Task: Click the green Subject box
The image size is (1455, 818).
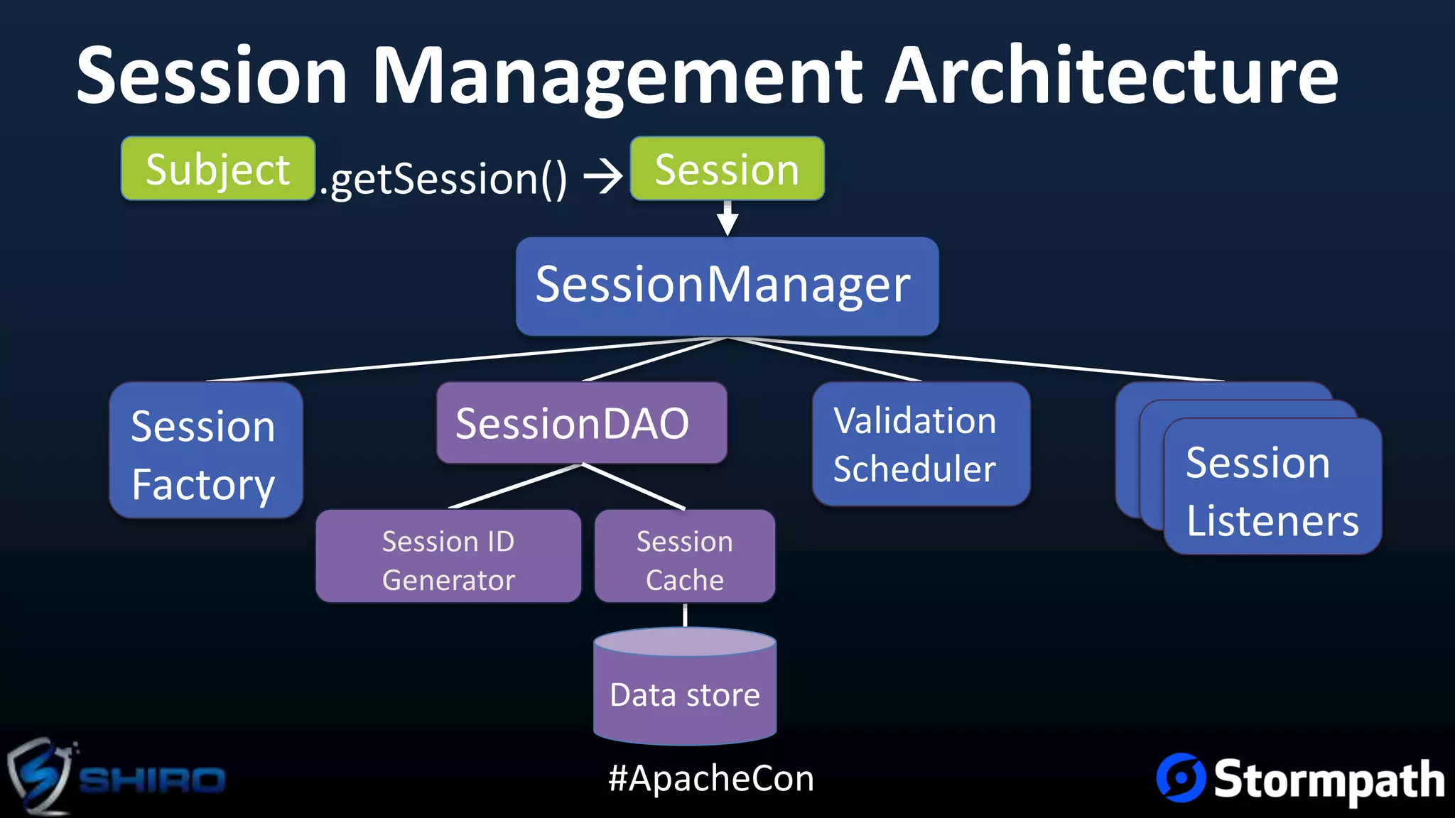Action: (x=217, y=168)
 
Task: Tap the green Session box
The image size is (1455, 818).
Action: (x=727, y=168)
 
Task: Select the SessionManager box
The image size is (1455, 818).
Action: (x=727, y=285)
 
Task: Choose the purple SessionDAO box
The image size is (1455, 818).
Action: (x=581, y=423)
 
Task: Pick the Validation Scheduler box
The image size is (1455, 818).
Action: (x=920, y=444)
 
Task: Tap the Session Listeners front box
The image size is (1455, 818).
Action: (x=1272, y=490)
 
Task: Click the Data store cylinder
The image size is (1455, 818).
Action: (x=684, y=692)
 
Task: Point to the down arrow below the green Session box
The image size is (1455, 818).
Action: (x=727, y=219)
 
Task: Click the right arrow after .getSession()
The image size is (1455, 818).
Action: (x=602, y=177)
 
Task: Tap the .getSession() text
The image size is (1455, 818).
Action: (x=444, y=178)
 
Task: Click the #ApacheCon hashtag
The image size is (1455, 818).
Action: (x=710, y=778)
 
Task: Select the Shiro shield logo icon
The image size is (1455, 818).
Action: (x=39, y=776)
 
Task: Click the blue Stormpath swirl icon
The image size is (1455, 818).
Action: (x=1181, y=778)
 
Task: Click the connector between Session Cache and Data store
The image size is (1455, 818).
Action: (x=685, y=615)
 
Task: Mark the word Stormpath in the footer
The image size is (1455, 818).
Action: (x=1329, y=780)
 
